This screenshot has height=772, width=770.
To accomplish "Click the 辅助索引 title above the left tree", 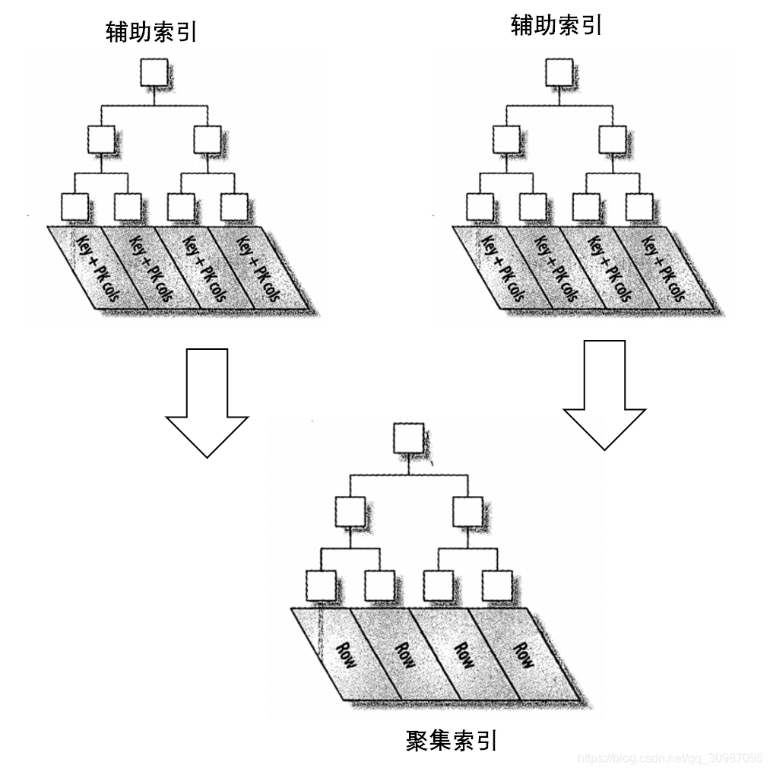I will click(152, 32).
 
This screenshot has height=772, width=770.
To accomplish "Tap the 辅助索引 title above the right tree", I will click(556, 26).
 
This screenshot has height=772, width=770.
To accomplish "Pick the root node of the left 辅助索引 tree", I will click(154, 73).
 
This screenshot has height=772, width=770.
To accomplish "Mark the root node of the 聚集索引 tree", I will click(408, 439).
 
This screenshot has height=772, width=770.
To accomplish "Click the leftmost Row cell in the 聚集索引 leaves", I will click(348, 656).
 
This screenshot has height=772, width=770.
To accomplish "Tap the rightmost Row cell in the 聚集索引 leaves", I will click(523, 656).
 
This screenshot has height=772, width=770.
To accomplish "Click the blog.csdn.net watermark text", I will click(670, 758).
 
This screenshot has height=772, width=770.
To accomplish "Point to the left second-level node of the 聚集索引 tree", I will click(350, 511).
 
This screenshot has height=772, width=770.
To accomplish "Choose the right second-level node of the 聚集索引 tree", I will click(467, 511).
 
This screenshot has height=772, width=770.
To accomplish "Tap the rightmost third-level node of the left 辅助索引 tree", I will click(233, 207).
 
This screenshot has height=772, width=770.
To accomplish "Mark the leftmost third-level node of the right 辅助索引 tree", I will click(480, 207).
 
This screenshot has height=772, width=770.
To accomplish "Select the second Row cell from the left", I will click(406, 656).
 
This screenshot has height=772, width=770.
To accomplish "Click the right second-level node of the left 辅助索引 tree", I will click(206, 139).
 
